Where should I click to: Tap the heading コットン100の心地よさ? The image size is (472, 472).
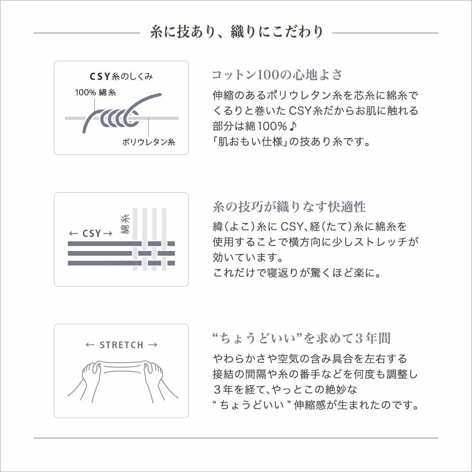(277, 75)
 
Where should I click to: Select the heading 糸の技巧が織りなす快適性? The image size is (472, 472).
(289, 207)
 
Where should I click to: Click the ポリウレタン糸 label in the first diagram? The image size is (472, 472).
(148, 142)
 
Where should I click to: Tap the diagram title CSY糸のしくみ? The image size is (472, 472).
(121, 77)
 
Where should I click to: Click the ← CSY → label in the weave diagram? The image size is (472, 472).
(91, 234)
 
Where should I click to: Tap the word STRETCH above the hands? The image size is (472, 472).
(121, 345)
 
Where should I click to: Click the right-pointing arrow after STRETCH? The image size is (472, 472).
(152, 345)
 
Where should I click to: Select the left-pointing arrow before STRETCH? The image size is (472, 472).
(90, 345)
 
